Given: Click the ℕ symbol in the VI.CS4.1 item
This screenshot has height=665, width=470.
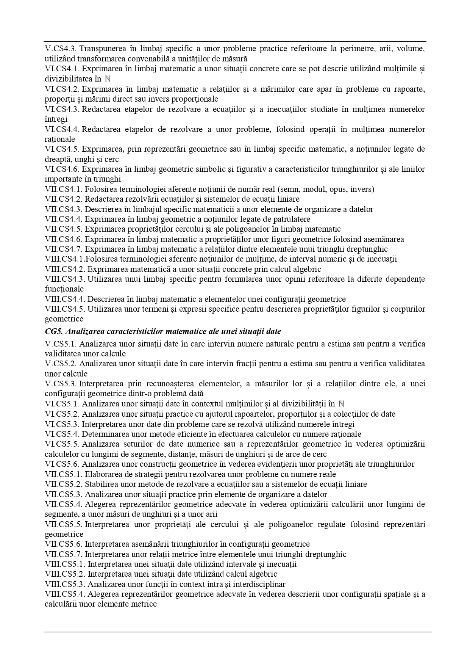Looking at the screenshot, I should pyautogui.click(x=107, y=79).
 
